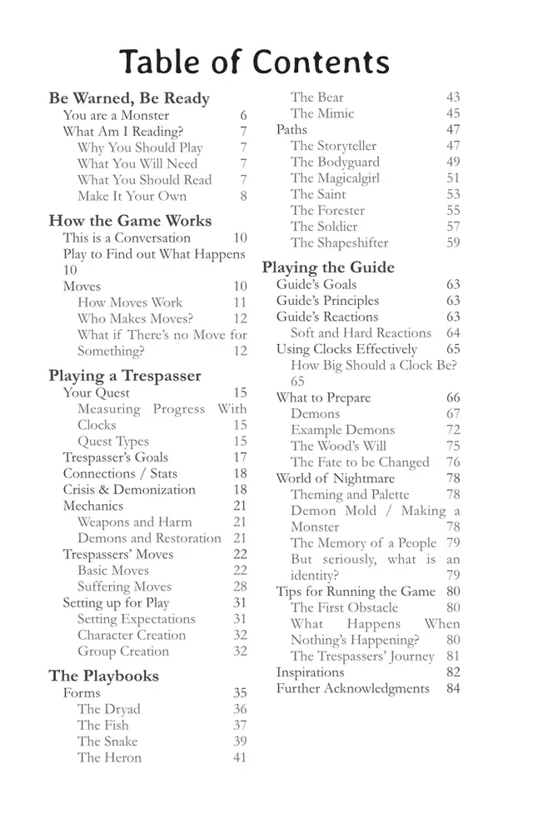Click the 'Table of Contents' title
pyautogui.click(x=254, y=62)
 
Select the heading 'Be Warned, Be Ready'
pyautogui.click(x=129, y=98)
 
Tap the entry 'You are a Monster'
pyautogui.click(x=116, y=116)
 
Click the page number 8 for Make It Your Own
pyautogui.click(x=243, y=197)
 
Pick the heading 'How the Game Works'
pyautogui.click(x=130, y=221)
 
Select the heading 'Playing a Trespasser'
pyautogui.click(x=125, y=376)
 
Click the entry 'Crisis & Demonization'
pyautogui.click(x=129, y=490)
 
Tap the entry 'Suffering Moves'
pyautogui.click(x=125, y=587)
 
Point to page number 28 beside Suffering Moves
pyautogui.click(x=240, y=587)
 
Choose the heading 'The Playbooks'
pyautogui.click(x=103, y=676)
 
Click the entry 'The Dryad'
pyautogui.click(x=109, y=709)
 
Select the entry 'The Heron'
pyautogui.click(x=109, y=757)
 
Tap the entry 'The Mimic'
pyautogui.click(x=322, y=113)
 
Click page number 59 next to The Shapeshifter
pyautogui.click(x=453, y=243)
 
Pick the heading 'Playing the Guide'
pyautogui.click(x=328, y=267)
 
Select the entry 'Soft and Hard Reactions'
pyautogui.click(x=361, y=333)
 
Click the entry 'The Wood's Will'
pyautogui.click(x=338, y=446)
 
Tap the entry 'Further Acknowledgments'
pyautogui.click(x=353, y=688)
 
